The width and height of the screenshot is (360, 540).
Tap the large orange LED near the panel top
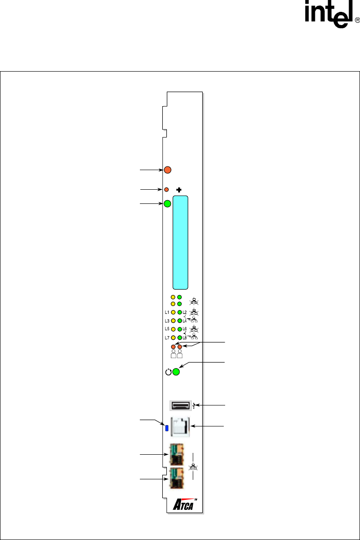point(168,170)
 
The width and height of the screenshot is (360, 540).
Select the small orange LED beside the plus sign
point(167,189)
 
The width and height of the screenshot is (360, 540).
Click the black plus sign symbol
point(179,190)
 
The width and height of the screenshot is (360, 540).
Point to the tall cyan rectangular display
point(180,243)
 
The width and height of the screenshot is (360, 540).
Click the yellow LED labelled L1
point(174,312)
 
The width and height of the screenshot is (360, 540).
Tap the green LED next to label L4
point(180,321)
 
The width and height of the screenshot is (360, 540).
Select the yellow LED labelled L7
point(174,338)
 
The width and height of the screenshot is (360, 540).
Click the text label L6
point(185,329)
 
